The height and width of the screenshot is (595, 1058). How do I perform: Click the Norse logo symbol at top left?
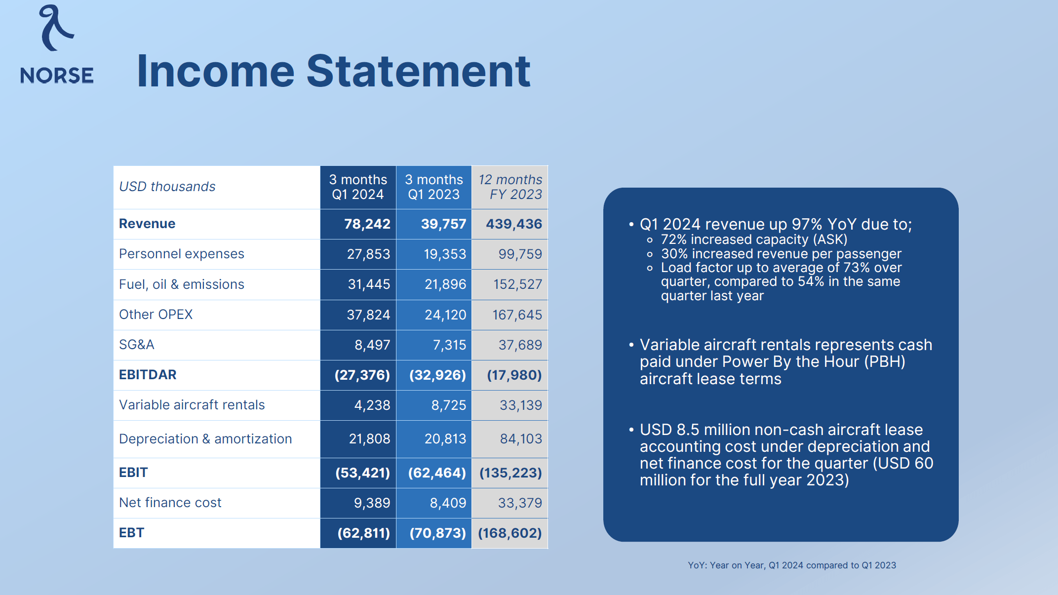coord(56,29)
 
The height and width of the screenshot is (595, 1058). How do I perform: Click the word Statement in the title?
coord(418,72)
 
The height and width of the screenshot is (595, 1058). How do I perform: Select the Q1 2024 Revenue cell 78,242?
coord(367,224)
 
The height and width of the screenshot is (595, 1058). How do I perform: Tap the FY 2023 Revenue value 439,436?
coord(513,224)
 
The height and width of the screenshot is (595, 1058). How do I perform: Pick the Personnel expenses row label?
coord(181,254)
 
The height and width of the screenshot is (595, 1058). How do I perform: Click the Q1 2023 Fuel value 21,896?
coord(445,284)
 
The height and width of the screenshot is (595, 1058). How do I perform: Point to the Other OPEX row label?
coord(156,315)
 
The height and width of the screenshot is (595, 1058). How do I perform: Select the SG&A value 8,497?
coord(372,345)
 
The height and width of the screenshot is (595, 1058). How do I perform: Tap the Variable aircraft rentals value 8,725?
coord(448,405)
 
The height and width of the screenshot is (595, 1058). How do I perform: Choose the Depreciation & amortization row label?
coord(205,439)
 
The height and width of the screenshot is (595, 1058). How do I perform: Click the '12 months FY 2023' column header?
coord(510,187)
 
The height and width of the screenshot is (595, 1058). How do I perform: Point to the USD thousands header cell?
coord(167,187)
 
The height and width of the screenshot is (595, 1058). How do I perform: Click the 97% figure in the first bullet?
coord(807,225)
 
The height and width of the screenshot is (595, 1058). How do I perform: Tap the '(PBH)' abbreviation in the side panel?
coord(885,362)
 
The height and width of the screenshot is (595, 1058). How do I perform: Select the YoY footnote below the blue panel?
coord(791,565)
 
